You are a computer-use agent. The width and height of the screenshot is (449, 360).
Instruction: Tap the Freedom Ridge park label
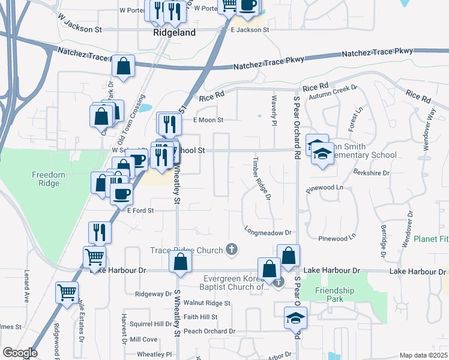(49, 179)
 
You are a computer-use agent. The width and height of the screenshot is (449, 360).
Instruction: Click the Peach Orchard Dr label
(209, 331)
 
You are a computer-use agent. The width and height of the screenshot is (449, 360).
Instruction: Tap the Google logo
(20, 353)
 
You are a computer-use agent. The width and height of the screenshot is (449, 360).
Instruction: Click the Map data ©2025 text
(423, 355)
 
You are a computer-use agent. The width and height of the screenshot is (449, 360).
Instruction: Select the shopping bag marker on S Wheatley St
(180, 261)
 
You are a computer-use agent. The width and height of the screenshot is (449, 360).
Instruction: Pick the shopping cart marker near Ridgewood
(66, 292)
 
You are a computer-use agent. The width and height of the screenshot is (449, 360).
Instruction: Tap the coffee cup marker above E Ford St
(122, 193)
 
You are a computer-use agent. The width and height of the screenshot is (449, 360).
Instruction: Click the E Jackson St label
(247, 30)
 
